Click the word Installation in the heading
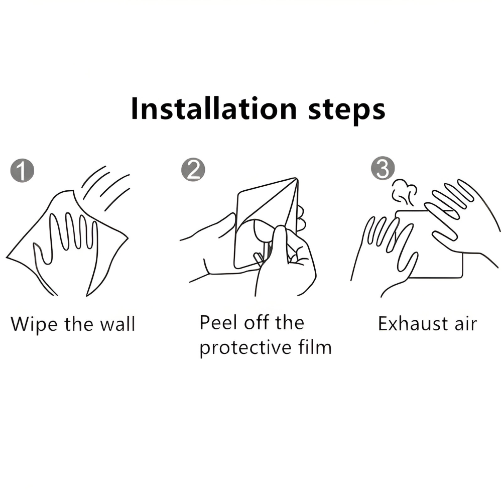pyautogui.click(x=214, y=109)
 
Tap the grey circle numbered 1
pyautogui.click(x=22, y=170)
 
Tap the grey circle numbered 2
pyautogui.click(x=193, y=169)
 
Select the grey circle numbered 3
pyautogui.click(x=383, y=168)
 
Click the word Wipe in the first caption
pyautogui.click(x=34, y=325)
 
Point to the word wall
pyautogui.click(x=117, y=324)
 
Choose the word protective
pyautogui.click(x=245, y=347)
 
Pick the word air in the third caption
pyautogui.click(x=466, y=324)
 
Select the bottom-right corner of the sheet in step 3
pyautogui.click(x=462, y=277)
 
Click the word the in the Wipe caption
pyautogui.click(x=78, y=324)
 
